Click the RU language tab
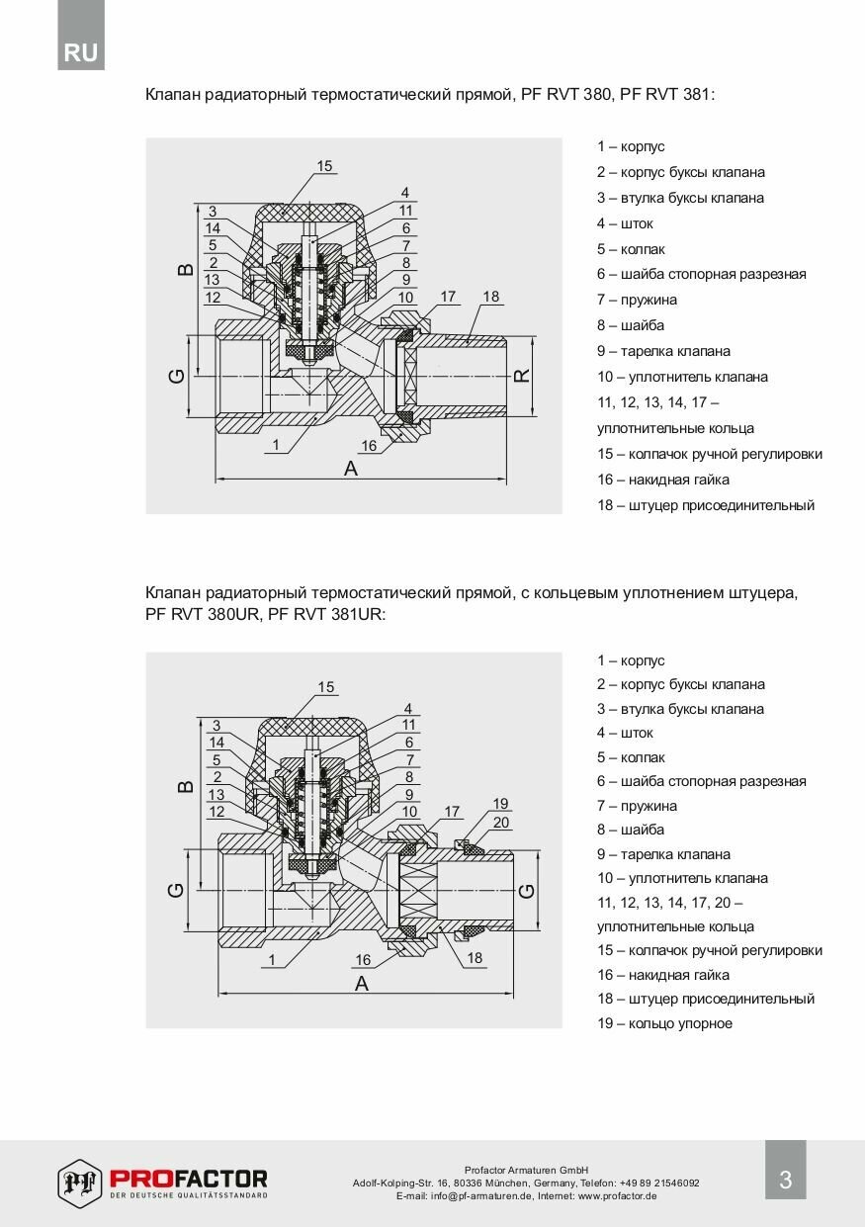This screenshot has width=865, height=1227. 81,52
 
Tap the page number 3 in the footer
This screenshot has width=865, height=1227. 786,1180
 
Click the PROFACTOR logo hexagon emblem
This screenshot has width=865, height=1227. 80,1183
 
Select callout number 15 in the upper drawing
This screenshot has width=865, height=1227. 325,166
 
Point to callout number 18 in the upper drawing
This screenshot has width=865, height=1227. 491,297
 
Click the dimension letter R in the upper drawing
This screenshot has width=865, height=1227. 523,376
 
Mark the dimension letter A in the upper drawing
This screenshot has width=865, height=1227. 350,469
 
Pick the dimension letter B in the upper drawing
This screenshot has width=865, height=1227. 185,268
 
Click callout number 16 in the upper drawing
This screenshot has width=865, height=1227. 369,446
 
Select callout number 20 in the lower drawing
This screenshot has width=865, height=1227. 501,822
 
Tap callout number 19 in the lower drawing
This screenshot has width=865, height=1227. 501,803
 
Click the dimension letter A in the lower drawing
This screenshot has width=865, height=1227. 362,983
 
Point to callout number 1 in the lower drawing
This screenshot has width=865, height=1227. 271,959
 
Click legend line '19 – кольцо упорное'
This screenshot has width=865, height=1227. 664,1023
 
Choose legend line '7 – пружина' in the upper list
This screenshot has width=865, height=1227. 637,300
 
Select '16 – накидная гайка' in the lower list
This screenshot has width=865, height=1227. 662,975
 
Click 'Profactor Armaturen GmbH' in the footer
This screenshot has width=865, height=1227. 526,1170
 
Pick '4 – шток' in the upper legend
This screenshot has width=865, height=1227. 625,223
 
